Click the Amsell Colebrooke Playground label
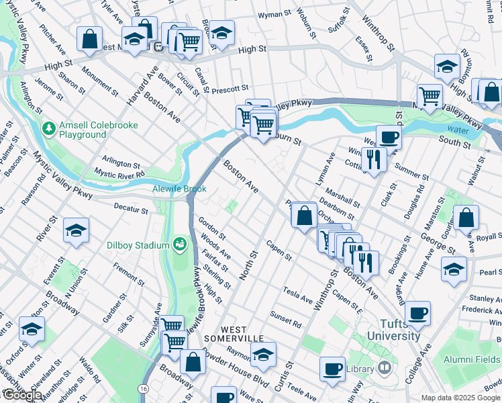tap(83, 130)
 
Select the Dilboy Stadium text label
tap(138, 245)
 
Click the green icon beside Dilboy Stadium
tap(179, 243)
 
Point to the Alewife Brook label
tap(179, 189)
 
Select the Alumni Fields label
tap(474, 359)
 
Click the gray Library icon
tap(384, 367)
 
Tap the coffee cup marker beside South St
tap(388, 138)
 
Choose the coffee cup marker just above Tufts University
tap(417, 312)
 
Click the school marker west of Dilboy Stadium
tap(77, 230)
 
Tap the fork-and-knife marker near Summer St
tap(374, 159)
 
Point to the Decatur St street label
tap(130, 210)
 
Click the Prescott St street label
tap(230, 88)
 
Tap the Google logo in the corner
tap(21, 395)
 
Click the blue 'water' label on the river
tap(458, 130)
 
